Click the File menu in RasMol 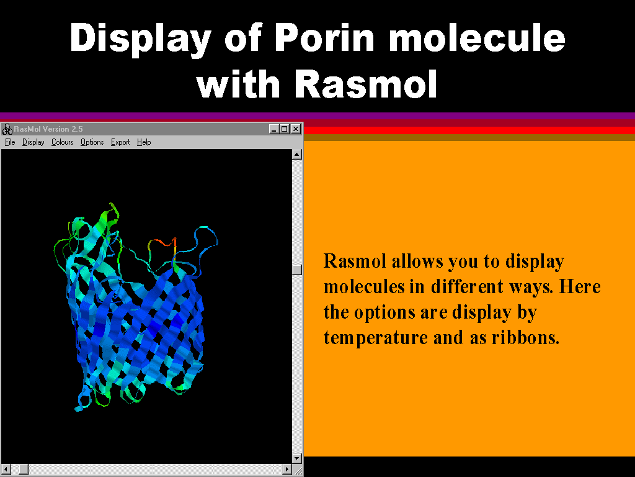pos(10,142)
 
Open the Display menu pos(33,142)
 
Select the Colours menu pos(63,142)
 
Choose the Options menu pos(92,142)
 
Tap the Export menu pos(120,142)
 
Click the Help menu pos(144,142)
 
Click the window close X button pos(296,129)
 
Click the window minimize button pos(274,129)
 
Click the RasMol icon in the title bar pos(7,129)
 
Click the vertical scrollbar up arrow pos(297,154)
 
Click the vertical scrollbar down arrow pos(297,459)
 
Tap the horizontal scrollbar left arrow pos(6,470)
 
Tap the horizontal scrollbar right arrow pos(286,470)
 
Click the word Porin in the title pos(326,38)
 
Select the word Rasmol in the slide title pos(365,84)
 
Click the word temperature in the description pos(375,338)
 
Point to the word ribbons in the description pos(525,337)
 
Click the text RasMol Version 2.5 pos(48,129)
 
